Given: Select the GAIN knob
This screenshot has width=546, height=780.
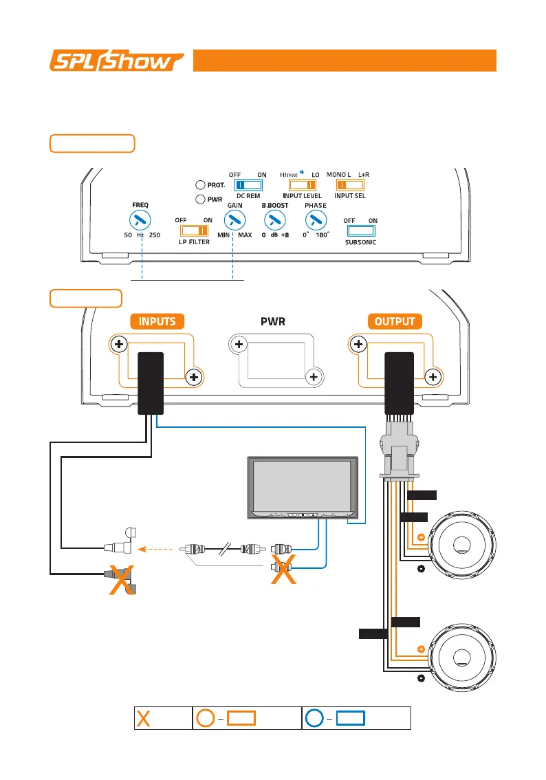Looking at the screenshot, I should point(235,220).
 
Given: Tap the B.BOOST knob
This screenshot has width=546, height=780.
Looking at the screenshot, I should point(274,220).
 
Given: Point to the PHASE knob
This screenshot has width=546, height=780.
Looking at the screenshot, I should point(315,220).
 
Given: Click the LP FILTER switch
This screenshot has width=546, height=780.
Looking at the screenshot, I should point(195,231).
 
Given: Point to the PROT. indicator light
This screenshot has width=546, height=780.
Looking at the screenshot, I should point(199,184).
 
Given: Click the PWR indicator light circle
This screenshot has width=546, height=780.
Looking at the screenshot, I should point(199,199).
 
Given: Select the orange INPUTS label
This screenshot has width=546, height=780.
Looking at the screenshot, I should point(158,321).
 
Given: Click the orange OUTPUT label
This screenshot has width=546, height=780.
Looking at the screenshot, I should point(395,321).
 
